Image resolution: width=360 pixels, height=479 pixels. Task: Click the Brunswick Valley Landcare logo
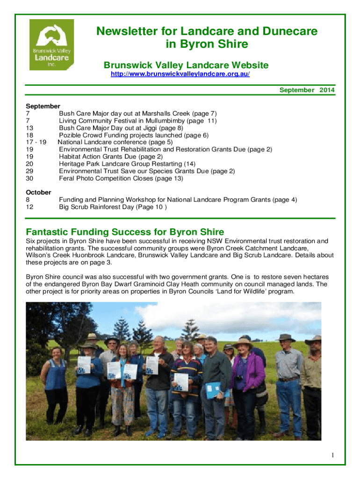pyautogui.click(x=51, y=44)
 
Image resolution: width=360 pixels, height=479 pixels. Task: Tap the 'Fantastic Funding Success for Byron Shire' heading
pyautogui.click(x=125, y=232)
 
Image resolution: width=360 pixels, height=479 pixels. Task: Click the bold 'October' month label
pyautogui.click(x=38, y=192)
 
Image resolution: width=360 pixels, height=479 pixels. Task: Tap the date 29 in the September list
pyautogui.click(x=30, y=171)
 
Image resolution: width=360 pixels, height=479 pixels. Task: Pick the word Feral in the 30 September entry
pyautogui.click(x=67, y=178)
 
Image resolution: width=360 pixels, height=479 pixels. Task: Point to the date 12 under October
pyautogui.click(x=30, y=207)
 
